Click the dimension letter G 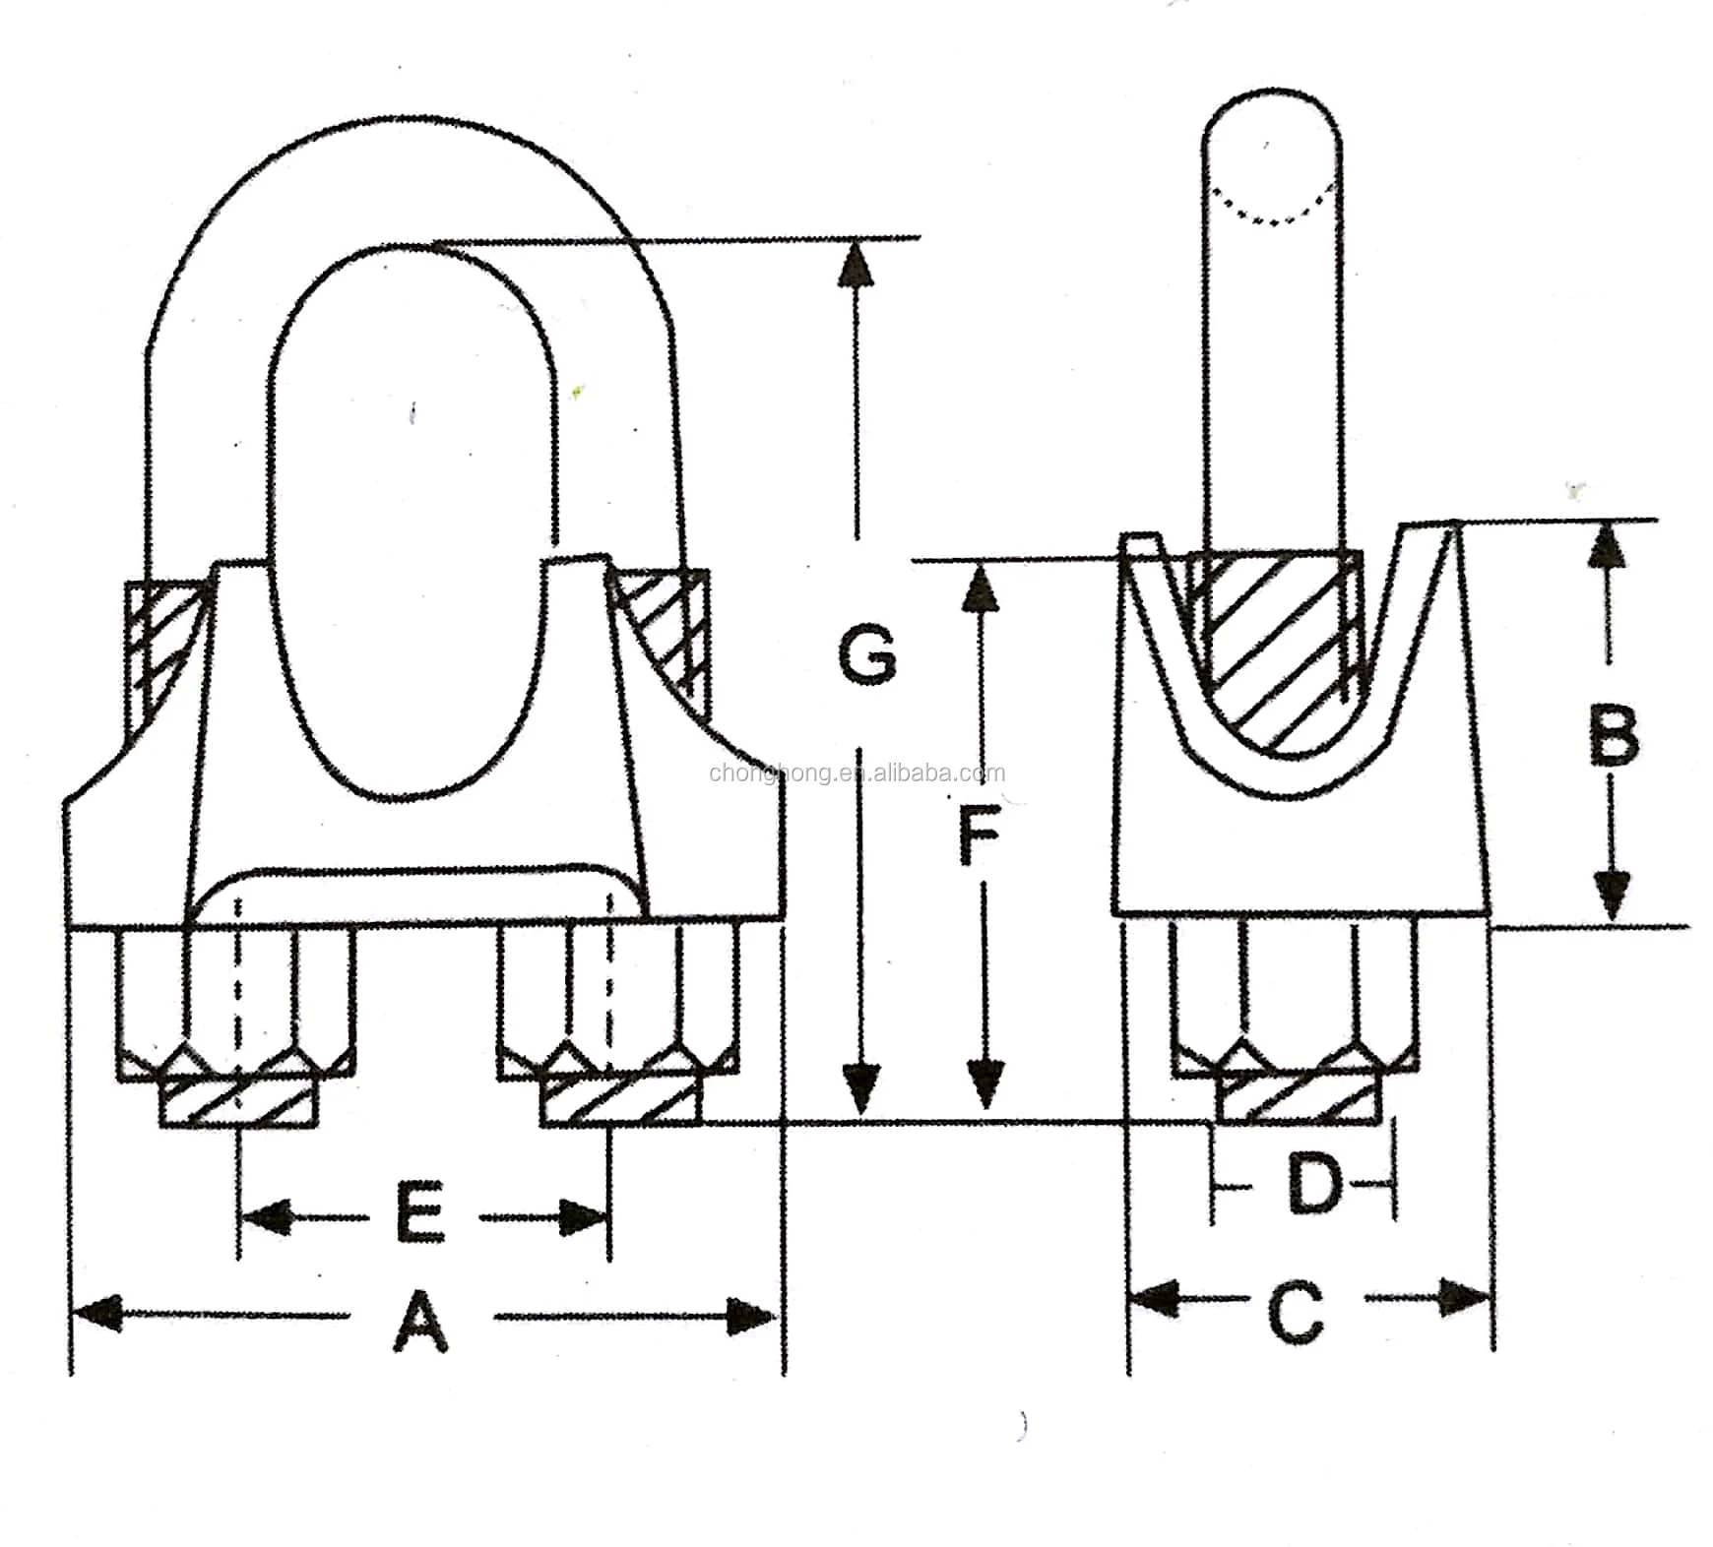pos(867,654)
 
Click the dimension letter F pos(979,835)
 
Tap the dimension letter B pos(1614,736)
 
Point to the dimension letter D pos(1314,1185)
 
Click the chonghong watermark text pos(856,773)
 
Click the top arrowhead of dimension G pos(856,264)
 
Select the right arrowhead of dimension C pos(1467,1298)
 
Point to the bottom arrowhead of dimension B pos(1610,894)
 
